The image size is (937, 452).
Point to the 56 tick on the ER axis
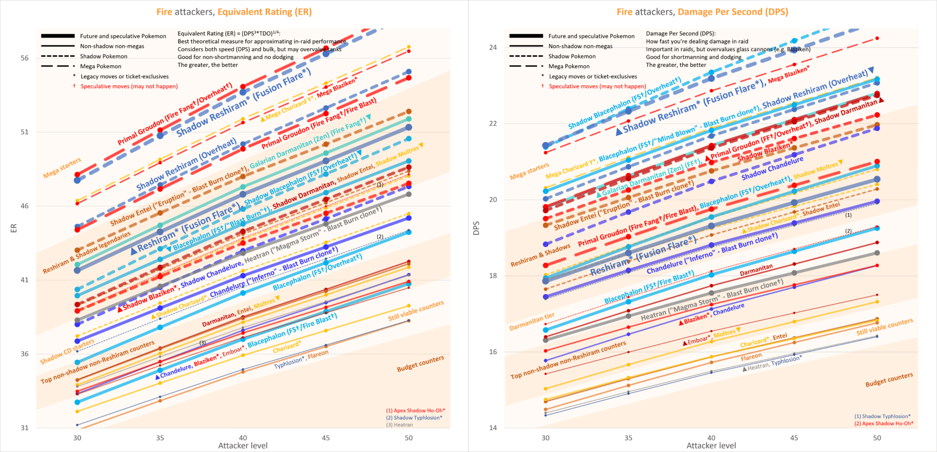pos(24,58)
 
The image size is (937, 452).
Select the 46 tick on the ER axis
pos(24,206)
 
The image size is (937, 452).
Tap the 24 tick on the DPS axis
pos(493,47)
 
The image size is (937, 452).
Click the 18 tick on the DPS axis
pos(493,275)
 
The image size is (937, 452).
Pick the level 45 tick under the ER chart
pos(326,438)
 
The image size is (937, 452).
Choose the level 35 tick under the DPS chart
pos(628,438)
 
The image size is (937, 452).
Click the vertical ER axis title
pos(14,228)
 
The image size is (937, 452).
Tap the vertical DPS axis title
pos(476,228)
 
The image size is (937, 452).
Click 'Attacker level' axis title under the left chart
pos(243,446)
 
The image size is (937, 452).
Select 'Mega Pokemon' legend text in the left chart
pos(101,66)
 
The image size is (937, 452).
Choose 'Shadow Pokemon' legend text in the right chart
pos(572,56)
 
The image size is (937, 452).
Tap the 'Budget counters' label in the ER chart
pos(420,364)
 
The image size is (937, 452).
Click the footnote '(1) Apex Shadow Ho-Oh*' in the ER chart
pos(415,411)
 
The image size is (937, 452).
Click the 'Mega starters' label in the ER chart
pos(62,168)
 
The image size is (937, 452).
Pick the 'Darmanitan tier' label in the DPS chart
pos(532,322)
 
